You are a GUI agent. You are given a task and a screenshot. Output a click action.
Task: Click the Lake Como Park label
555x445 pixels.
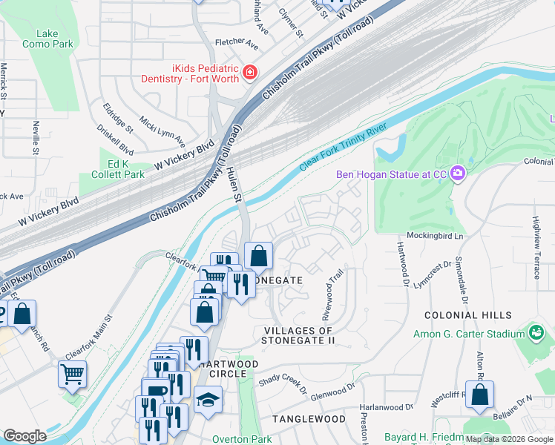53,39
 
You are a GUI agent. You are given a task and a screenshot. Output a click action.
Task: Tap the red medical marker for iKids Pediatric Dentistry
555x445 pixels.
251,73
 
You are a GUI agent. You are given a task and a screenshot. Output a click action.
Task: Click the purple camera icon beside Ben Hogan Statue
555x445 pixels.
458,174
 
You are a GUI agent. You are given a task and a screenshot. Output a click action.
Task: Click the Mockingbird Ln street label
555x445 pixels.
435,235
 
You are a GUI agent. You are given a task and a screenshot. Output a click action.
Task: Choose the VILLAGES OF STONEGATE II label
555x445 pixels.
298,335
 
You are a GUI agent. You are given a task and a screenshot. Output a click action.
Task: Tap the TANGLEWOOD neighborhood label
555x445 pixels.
309,419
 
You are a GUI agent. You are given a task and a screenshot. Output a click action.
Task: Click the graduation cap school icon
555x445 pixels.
208,399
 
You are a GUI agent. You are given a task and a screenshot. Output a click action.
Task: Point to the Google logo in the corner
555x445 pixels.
24,437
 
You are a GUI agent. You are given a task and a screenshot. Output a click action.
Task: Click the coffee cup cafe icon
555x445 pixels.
156,392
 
